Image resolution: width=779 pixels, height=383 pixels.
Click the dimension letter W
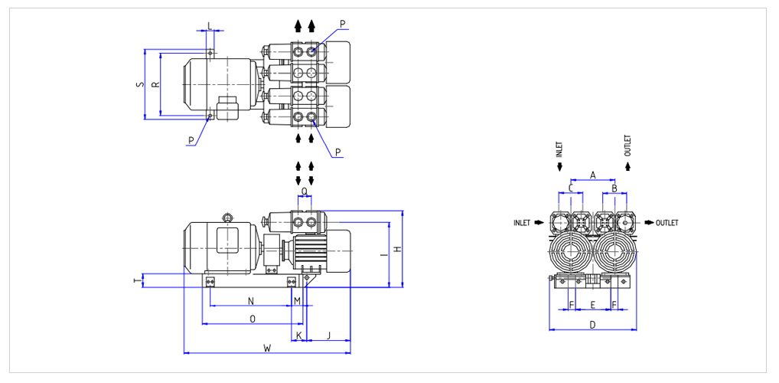coord(267,348)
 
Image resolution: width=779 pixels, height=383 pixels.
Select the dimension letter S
coord(140,84)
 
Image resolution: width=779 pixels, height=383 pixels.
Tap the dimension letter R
coord(155,84)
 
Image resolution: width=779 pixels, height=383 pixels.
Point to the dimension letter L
coord(210,25)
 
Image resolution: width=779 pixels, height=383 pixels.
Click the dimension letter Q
coord(305,191)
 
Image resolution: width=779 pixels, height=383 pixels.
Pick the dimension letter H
coord(396,249)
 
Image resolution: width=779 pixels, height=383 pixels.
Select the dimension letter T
coord(136,281)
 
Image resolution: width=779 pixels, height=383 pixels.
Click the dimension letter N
coord(251,300)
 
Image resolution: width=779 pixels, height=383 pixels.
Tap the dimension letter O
coord(253,319)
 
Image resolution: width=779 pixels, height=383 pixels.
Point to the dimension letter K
coord(298,336)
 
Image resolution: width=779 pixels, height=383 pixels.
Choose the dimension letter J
coord(328,336)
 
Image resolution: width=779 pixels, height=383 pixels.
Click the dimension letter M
coord(297,300)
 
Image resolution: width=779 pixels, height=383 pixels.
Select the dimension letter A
coord(592,175)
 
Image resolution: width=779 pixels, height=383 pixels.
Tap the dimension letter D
coord(592,325)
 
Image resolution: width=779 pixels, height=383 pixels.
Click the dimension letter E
coord(592,304)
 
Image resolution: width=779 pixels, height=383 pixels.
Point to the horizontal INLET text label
coord(522,223)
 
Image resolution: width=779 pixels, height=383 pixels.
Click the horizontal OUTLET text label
coord(667,223)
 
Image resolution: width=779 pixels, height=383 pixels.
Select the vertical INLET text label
coord(559,149)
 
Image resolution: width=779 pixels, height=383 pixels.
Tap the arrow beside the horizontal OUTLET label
coord(649,223)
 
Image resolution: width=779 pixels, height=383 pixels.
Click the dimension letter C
coord(571,188)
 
